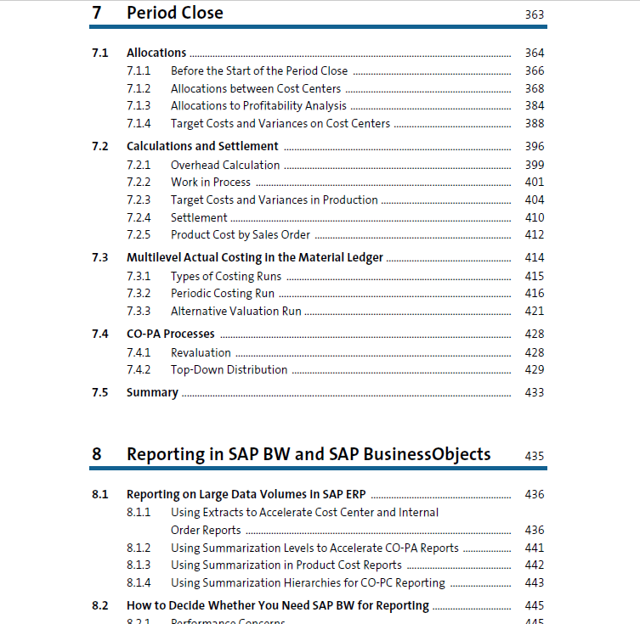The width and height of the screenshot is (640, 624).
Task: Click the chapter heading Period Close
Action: pos(175,13)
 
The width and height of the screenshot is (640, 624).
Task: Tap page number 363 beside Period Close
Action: pos(535,14)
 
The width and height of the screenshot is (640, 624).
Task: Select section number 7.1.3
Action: pos(139,105)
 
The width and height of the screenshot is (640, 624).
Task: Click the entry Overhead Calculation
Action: pos(225,165)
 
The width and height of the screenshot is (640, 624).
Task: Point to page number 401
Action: pos(535,182)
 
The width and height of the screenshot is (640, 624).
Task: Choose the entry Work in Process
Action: pos(211,182)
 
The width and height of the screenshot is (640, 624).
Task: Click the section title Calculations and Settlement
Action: pos(202,146)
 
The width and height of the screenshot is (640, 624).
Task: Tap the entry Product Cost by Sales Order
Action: pos(241,235)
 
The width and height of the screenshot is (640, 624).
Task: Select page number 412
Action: pos(535,235)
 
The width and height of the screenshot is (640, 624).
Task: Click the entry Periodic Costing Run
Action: pos(223,294)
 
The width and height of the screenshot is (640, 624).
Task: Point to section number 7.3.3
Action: pos(139,311)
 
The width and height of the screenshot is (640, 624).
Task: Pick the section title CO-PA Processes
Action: pos(171,334)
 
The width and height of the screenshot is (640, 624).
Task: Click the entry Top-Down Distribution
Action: pos(229,369)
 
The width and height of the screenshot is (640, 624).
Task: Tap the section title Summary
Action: pos(152,392)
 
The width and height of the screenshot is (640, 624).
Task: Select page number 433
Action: pos(535,392)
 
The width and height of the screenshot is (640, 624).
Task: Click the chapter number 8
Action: pos(96,454)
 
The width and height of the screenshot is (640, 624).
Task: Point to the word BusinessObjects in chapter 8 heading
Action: pos(427,454)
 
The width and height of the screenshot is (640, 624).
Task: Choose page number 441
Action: pos(535,548)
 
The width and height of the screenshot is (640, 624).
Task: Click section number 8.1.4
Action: pos(139,583)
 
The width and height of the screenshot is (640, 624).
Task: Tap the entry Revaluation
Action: pos(201,352)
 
